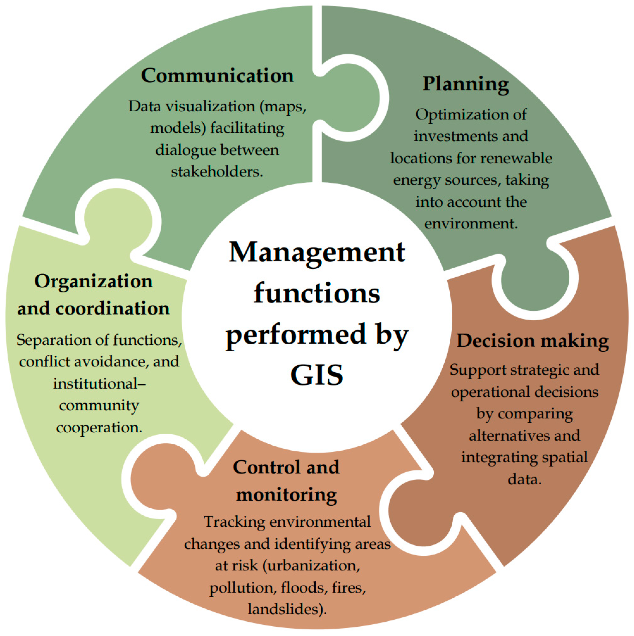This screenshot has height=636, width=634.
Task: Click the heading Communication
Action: click(217, 76)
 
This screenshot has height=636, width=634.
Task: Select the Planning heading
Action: click(466, 84)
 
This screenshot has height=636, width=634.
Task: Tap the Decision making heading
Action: click(532, 341)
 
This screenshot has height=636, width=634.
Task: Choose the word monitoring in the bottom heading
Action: click(286, 495)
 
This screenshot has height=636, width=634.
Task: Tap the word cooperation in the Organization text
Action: click(99, 428)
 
